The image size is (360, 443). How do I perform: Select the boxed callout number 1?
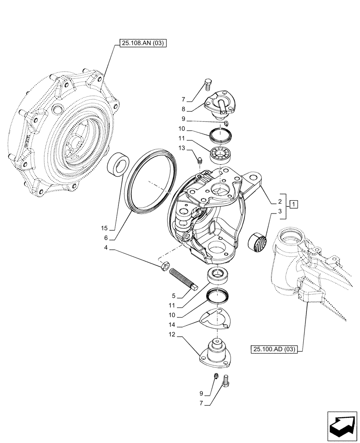(293, 204)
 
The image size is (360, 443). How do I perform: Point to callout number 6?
(106, 238)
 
